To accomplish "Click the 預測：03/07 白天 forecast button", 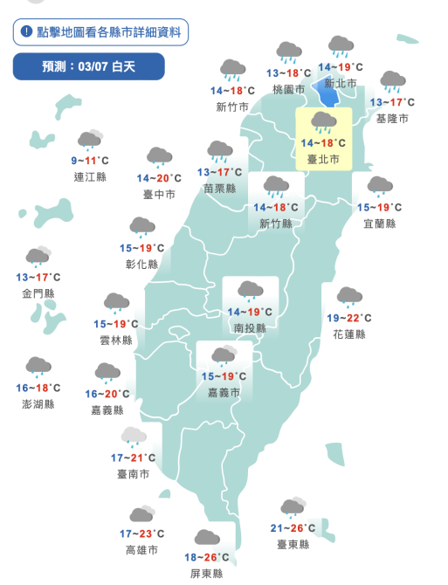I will click(88, 66).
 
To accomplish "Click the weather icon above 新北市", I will click(339, 47).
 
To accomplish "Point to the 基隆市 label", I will click(390, 118).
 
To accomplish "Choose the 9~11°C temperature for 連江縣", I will click(90, 161).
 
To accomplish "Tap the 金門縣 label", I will click(38, 293).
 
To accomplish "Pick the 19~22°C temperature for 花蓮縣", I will click(348, 319).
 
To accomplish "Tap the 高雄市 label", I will click(141, 550).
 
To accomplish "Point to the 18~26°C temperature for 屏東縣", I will click(206, 558).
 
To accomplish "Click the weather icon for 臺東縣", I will click(293, 508).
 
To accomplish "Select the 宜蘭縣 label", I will click(379, 224).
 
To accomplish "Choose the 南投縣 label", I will click(250, 327).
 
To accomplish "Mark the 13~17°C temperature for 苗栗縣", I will click(218, 173).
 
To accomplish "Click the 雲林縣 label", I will click(115, 341).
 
